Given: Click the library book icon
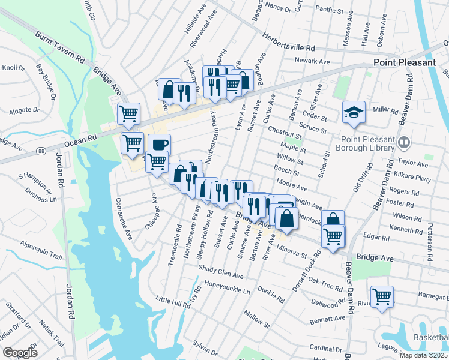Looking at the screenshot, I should coord(405,143).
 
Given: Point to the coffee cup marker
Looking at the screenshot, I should coord(159,145).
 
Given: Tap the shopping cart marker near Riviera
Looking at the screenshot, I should coord(382,296).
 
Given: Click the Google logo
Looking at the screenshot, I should coord(20,353).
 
